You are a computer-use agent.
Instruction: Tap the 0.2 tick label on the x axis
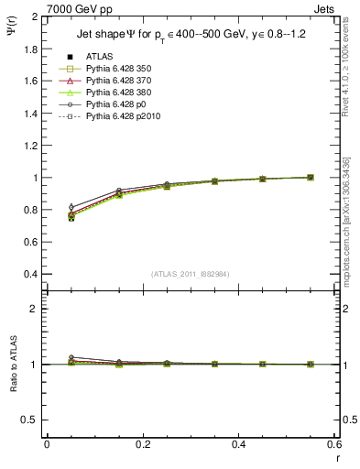(142, 444)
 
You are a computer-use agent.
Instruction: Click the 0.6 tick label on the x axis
(334, 444)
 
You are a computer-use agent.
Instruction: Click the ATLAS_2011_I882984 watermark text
(191, 275)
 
